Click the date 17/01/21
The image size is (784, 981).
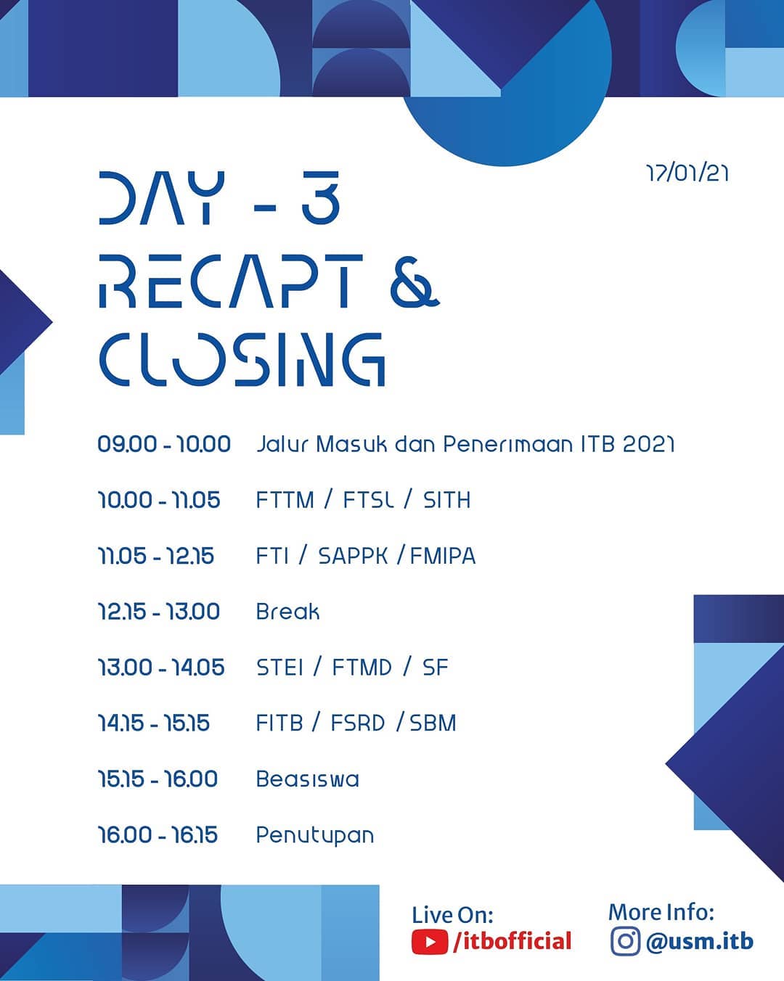point(687,173)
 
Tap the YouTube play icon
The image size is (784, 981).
point(429,942)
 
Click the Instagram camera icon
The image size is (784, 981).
point(625,941)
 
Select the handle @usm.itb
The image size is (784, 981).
point(700,941)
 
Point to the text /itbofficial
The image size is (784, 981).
point(512,941)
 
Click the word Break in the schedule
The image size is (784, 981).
point(287,611)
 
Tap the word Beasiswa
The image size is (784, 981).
point(307,779)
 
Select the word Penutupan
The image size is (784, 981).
point(315,836)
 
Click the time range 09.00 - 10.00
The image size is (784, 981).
point(164,444)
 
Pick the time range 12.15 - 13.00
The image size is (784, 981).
point(159,611)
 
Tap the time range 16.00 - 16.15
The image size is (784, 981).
point(158,834)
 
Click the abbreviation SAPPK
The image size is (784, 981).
point(353,556)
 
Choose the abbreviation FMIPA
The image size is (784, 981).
point(443,556)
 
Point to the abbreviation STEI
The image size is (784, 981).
point(279,668)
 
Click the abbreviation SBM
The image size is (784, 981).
point(433,723)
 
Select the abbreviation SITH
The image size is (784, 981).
point(447,500)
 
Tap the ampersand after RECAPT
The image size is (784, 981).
point(415,282)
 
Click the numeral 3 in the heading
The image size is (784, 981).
point(321,197)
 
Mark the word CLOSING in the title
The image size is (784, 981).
point(242,360)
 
